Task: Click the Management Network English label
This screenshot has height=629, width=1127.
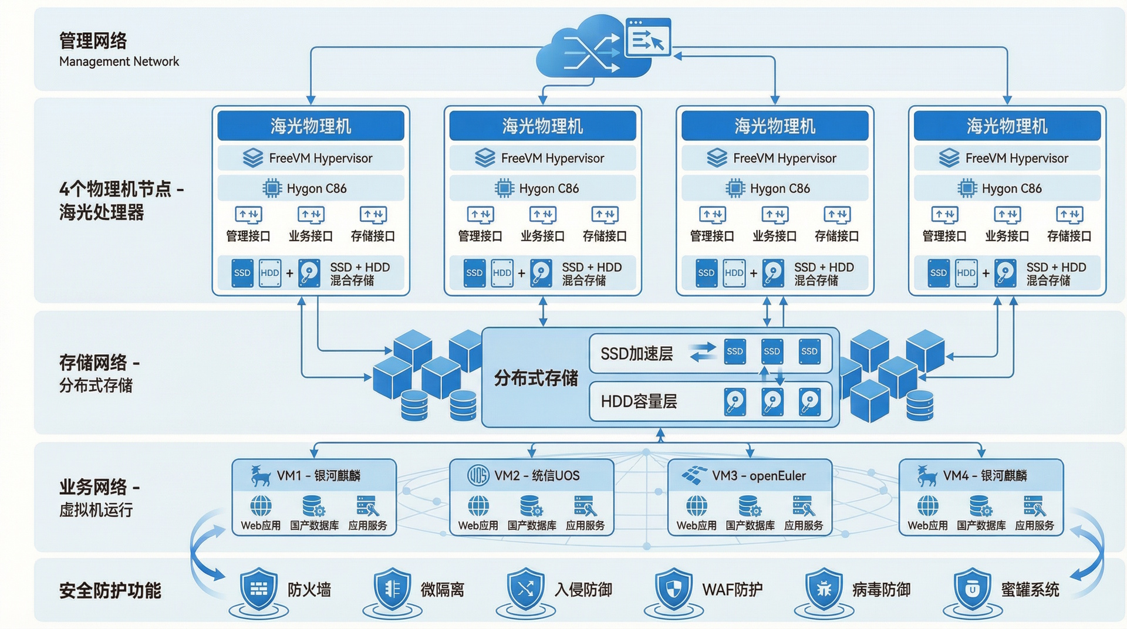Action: pyautogui.click(x=119, y=62)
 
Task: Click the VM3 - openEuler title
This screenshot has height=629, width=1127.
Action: pyautogui.click(x=758, y=475)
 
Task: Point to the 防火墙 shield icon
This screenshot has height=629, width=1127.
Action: pyautogui.click(x=259, y=589)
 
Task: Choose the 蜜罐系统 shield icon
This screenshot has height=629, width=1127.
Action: pyautogui.click(x=973, y=589)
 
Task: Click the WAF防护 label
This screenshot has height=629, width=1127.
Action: pyautogui.click(x=732, y=589)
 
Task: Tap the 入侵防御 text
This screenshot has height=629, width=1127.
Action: pyautogui.click(x=583, y=589)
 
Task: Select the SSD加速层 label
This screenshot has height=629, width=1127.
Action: pyautogui.click(x=636, y=354)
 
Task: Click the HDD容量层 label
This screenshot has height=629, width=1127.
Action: pyautogui.click(x=639, y=401)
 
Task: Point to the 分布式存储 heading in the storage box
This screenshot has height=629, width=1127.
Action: pyautogui.click(x=535, y=378)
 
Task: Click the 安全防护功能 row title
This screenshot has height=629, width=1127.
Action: pyautogui.click(x=110, y=590)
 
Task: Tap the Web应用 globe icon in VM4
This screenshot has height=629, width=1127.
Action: pyautogui.click(x=927, y=506)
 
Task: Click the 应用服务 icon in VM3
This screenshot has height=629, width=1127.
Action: pyautogui.click(x=804, y=506)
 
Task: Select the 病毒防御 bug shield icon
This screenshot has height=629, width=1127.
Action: pyautogui.click(x=824, y=589)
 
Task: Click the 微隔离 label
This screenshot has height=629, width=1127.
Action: pyautogui.click(x=442, y=589)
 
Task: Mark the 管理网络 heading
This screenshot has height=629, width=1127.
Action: pyautogui.click(x=93, y=40)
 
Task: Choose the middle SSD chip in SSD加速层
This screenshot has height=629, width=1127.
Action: pyautogui.click(x=772, y=351)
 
